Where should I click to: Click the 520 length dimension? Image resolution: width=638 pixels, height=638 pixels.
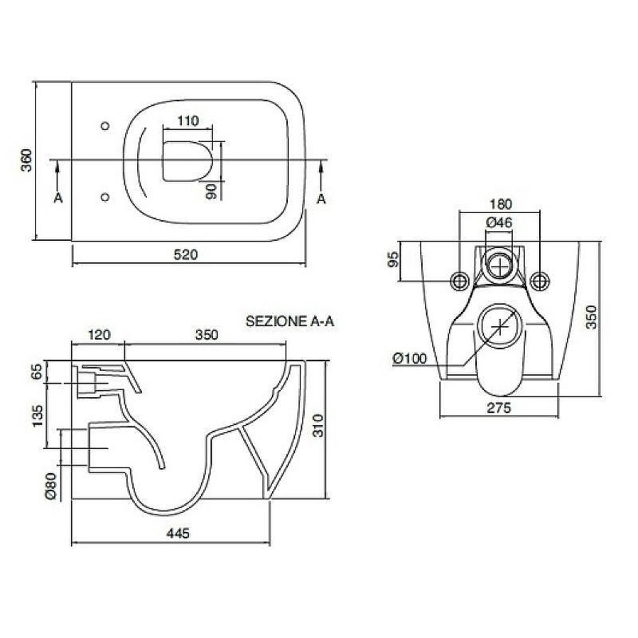(x=186, y=254)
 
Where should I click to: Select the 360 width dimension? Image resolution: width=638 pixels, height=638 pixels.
(x=26, y=160)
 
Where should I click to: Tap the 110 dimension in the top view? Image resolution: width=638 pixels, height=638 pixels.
(x=188, y=121)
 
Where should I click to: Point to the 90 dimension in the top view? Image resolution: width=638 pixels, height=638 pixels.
(x=211, y=191)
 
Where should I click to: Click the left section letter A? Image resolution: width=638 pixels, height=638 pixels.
(x=58, y=198)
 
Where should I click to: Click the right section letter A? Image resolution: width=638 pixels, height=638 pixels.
(x=321, y=199)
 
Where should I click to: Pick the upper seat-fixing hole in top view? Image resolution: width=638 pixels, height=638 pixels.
(x=105, y=126)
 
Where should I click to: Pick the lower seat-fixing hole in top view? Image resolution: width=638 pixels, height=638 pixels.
(x=105, y=197)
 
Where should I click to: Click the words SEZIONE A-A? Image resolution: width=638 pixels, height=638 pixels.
(x=289, y=321)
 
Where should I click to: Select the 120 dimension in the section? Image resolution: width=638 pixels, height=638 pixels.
(x=99, y=335)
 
